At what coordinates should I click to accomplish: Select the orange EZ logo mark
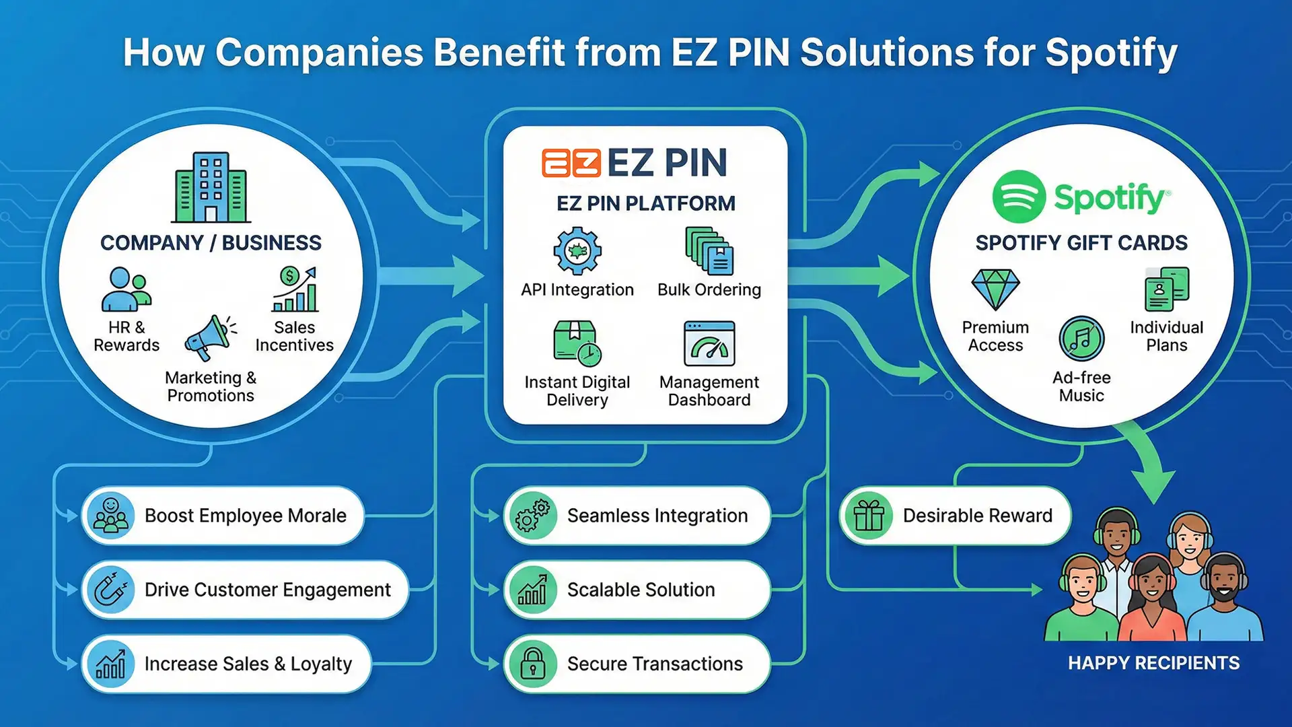tap(571, 163)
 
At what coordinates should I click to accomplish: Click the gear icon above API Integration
tap(577, 251)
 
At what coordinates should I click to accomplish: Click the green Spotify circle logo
tap(1019, 197)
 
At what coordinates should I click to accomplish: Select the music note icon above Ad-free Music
tap(1081, 339)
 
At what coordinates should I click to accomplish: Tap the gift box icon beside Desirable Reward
tap(869, 516)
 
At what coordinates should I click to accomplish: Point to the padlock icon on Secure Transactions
tap(533, 664)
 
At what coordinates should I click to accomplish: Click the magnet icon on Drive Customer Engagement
tap(111, 590)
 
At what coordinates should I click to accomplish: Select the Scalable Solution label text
tap(641, 590)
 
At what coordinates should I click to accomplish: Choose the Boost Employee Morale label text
tap(246, 516)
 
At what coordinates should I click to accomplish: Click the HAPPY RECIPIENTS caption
tap(1153, 663)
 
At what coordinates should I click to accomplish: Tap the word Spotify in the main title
tap(1111, 53)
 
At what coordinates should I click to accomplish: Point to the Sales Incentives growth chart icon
tap(294, 289)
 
